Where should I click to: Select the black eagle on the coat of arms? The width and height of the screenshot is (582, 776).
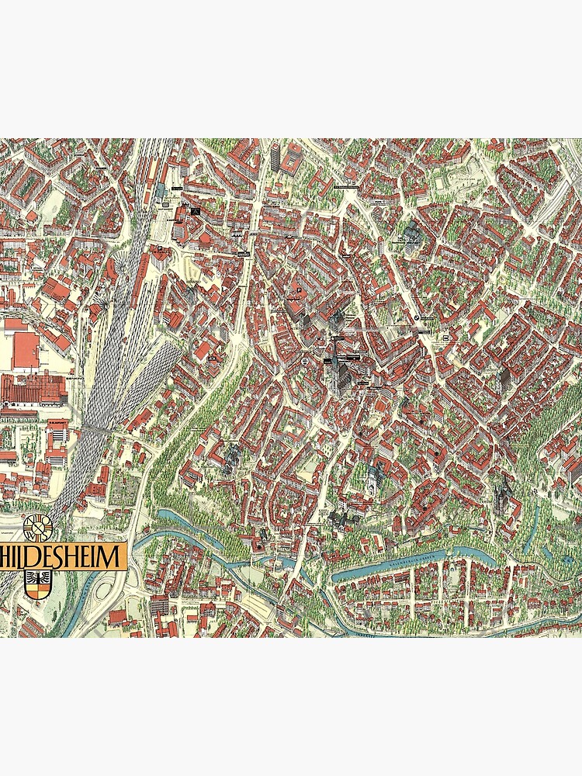point(37,578)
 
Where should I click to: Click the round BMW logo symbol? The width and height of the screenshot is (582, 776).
point(416,319)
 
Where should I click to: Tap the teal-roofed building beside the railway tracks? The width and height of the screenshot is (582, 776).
point(161,191)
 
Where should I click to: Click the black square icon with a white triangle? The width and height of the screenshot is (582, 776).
point(196,210)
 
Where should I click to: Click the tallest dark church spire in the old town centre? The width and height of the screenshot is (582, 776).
point(336,372)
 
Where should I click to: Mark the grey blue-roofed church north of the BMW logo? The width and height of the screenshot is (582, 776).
point(411,234)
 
